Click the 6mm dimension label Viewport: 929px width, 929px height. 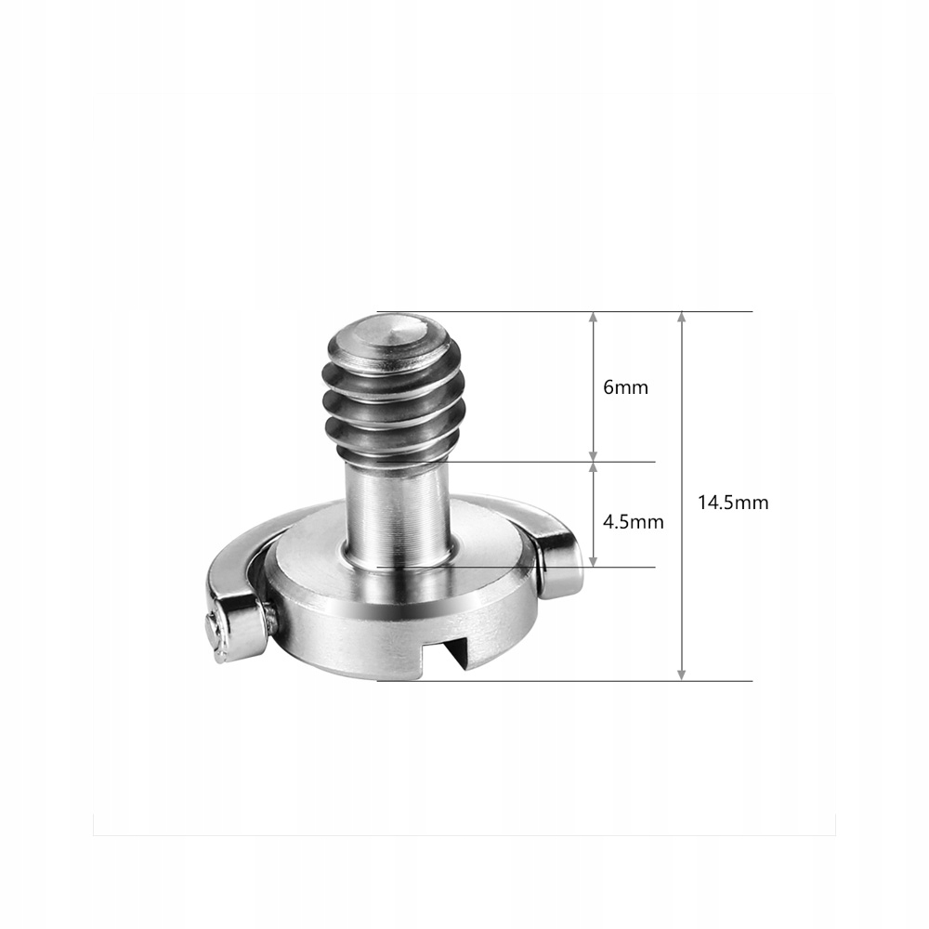625,387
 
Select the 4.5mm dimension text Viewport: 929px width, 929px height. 633,521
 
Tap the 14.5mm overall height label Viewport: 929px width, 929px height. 733,502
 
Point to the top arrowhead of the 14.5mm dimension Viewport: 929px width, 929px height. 682,318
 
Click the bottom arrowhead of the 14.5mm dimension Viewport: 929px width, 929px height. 682,674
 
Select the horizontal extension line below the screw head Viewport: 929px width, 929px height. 604,681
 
